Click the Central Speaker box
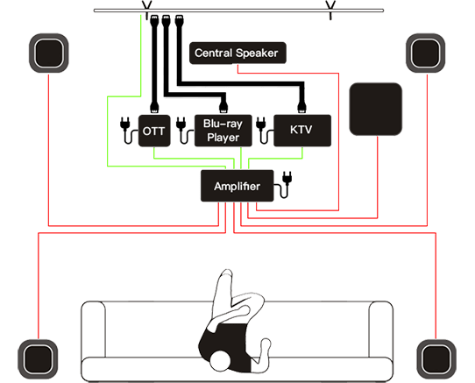(x=237, y=53)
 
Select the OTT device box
(x=154, y=131)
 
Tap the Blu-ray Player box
(x=223, y=131)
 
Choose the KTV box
(x=302, y=131)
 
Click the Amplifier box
(x=237, y=186)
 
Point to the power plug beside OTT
(x=126, y=131)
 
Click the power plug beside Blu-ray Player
(x=182, y=131)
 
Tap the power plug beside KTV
(x=262, y=131)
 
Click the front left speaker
(x=49, y=53)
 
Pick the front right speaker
(x=426, y=53)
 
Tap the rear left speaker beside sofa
(x=38, y=359)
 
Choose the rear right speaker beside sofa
(x=436, y=359)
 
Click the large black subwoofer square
(x=376, y=109)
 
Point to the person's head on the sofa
(x=221, y=361)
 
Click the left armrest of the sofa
(x=93, y=330)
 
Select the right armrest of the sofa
(x=381, y=330)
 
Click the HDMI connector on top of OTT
(x=154, y=108)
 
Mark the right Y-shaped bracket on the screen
(x=330, y=10)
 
